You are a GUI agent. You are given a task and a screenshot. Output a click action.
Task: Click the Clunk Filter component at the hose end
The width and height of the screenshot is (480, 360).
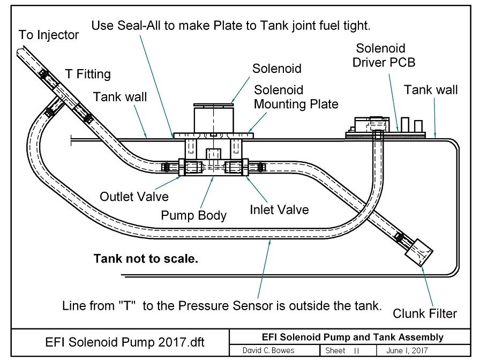pyautogui.click(x=419, y=252)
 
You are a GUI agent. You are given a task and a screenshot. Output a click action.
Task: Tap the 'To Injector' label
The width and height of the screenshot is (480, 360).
pyautogui.click(x=49, y=35)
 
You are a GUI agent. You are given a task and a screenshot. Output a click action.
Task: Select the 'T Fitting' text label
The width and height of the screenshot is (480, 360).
pyautogui.click(x=88, y=74)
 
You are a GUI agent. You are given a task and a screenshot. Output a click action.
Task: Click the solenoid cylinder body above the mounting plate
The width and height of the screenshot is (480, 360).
pyautogui.click(x=213, y=119)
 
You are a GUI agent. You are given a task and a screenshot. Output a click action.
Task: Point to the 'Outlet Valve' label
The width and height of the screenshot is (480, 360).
pyautogui.click(x=134, y=197)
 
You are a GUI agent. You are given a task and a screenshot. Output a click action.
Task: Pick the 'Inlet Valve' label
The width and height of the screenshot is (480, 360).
pyautogui.click(x=279, y=210)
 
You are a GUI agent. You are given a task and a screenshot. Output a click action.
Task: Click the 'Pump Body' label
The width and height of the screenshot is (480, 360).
pyautogui.click(x=193, y=215)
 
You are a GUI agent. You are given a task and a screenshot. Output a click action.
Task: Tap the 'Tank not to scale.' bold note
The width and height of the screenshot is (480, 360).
pyautogui.click(x=146, y=259)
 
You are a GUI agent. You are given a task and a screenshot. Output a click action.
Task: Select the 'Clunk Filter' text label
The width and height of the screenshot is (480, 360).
pyautogui.click(x=425, y=313)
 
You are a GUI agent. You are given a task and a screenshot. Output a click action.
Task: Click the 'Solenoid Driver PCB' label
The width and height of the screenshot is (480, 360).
pyautogui.click(x=384, y=55)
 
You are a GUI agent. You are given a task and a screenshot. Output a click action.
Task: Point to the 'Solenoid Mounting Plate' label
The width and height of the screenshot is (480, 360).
pyautogui.click(x=296, y=97)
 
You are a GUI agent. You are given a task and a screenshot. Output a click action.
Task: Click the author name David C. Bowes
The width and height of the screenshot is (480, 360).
pyautogui.click(x=268, y=350)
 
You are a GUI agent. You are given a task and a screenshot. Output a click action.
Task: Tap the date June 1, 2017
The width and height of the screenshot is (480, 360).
pyautogui.click(x=407, y=350)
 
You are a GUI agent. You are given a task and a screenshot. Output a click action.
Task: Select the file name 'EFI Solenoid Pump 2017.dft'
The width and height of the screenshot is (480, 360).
pyautogui.click(x=125, y=342)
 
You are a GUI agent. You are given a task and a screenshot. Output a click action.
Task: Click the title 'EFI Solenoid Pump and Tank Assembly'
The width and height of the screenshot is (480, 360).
pyautogui.click(x=352, y=337)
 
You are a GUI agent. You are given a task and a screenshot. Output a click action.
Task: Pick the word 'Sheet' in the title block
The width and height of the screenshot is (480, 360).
pyautogui.click(x=335, y=350)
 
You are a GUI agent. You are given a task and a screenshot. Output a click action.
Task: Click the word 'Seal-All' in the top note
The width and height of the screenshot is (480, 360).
pyautogui.click(x=139, y=25)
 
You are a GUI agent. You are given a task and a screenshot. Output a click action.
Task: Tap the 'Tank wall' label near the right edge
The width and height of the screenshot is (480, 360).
pyautogui.click(x=430, y=90)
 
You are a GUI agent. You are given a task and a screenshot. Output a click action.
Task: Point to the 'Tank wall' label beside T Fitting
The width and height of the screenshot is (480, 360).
pyautogui.click(x=119, y=97)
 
